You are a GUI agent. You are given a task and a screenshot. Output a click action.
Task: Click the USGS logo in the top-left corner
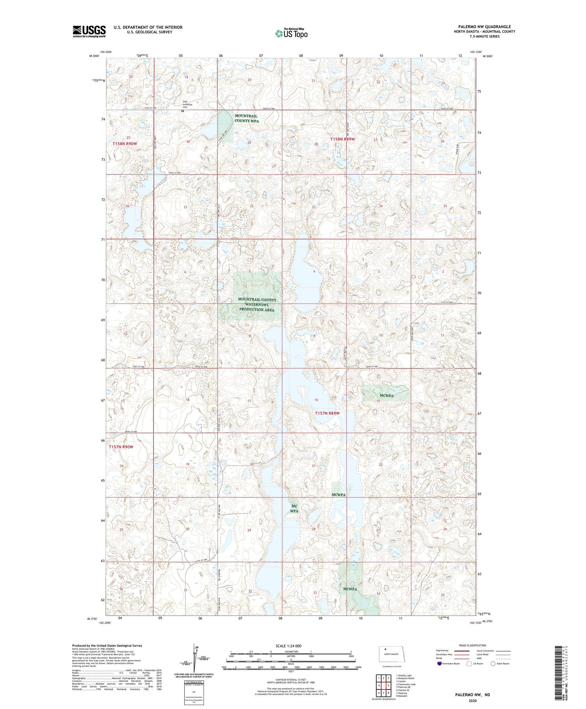[89, 31]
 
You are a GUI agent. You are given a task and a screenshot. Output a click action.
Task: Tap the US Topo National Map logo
[291, 34]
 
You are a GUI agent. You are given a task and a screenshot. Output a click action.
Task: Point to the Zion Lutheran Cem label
[188, 104]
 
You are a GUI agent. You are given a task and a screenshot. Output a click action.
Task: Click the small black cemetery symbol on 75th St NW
[182, 111]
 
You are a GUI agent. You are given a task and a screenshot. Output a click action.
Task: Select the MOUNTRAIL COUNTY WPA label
[247, 118]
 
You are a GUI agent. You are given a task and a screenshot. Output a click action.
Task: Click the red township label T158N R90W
[125, 144]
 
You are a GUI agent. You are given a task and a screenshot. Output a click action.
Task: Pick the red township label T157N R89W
[327, 413]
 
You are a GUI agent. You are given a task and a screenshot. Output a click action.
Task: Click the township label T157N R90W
[121, 447]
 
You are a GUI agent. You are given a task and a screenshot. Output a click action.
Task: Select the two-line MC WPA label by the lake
[294, 509]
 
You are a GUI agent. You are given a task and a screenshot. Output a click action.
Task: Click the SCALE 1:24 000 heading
[291, 646]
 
